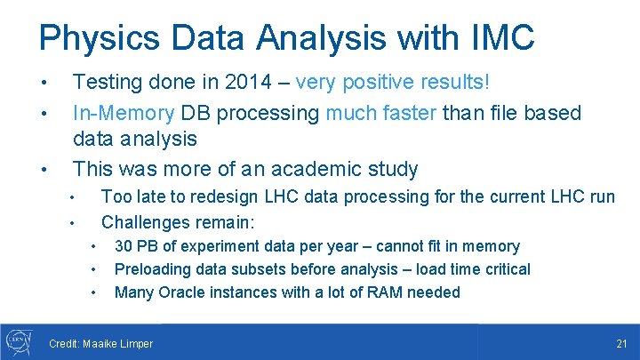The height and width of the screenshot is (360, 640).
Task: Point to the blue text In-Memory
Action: click(x=124, y=113)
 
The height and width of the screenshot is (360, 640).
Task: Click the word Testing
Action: click(x=107, y=82)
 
